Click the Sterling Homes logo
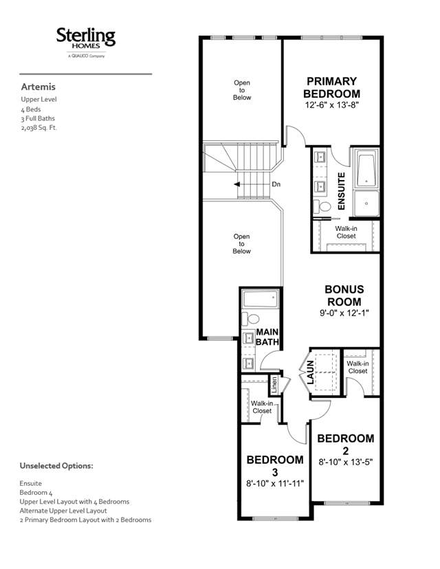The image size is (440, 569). click(86, 42)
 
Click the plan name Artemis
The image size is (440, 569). click(38, 87)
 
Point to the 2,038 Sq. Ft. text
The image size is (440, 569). click(39, 128)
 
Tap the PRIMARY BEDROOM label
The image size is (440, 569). click(332, 87)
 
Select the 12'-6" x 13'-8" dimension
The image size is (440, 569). click(332, 105)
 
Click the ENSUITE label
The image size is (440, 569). click(341, 191)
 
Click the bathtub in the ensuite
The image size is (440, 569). click(366, 170)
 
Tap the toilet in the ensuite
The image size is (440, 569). click(322, 206)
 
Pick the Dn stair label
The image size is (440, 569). click(276, 184)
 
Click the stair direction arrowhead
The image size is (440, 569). click(236, 184)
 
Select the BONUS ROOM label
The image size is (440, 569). click(344, 295)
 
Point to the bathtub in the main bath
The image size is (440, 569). click(260, 299)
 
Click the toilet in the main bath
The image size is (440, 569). click(250, 319)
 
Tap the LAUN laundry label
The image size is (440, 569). click(310, 372)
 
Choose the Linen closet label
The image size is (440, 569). click(274, 386)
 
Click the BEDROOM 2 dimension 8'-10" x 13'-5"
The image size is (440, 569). click(346, 462)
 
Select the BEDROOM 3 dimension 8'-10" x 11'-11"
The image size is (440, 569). click(275, 483)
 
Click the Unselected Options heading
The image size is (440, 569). click(56, 466)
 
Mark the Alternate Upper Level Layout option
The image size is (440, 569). click(63, 511)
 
